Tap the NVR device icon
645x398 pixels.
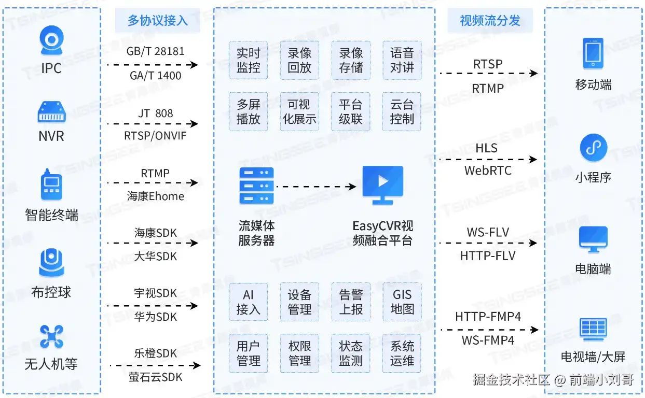51,112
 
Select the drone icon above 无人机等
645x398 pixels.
51,337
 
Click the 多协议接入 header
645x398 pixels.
157,21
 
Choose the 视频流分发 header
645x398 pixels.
490,21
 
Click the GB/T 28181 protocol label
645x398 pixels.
155,52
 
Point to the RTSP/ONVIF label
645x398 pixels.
155,136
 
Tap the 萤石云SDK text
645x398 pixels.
156,377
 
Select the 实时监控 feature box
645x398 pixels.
248,60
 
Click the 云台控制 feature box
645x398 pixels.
402,111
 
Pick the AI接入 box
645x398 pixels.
248,302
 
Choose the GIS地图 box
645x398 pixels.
402,302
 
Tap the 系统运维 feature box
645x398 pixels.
402,353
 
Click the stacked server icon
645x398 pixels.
256,186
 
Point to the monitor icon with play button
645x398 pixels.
383,184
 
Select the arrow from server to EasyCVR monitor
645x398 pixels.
317,186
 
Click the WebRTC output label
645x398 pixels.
488,170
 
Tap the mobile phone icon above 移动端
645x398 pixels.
593,53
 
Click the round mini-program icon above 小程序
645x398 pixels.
593,148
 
